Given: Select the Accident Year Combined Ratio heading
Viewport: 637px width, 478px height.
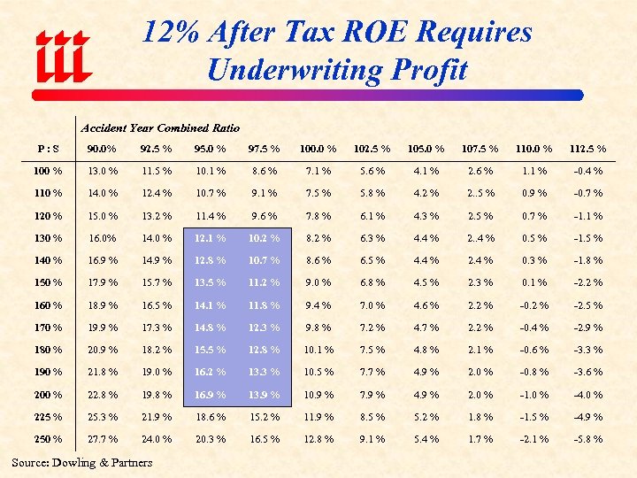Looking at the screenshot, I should tap(160, 128).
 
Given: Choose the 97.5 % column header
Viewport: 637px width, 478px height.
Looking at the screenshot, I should tap(265, 148).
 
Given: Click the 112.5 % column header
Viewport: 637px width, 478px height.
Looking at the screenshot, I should tap(587, 148).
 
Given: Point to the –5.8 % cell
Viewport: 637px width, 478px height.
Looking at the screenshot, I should tap(587, 439).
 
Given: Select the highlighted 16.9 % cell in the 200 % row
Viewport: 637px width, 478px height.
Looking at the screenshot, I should tap(209, 395).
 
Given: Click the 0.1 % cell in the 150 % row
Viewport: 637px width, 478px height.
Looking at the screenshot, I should tap(533, 282).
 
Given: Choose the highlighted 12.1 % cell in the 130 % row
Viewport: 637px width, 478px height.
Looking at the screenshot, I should tap(209, 238).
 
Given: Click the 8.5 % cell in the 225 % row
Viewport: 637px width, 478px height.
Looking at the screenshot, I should tap(372, 417).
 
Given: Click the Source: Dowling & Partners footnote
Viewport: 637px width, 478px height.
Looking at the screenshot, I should tap(81, 462).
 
